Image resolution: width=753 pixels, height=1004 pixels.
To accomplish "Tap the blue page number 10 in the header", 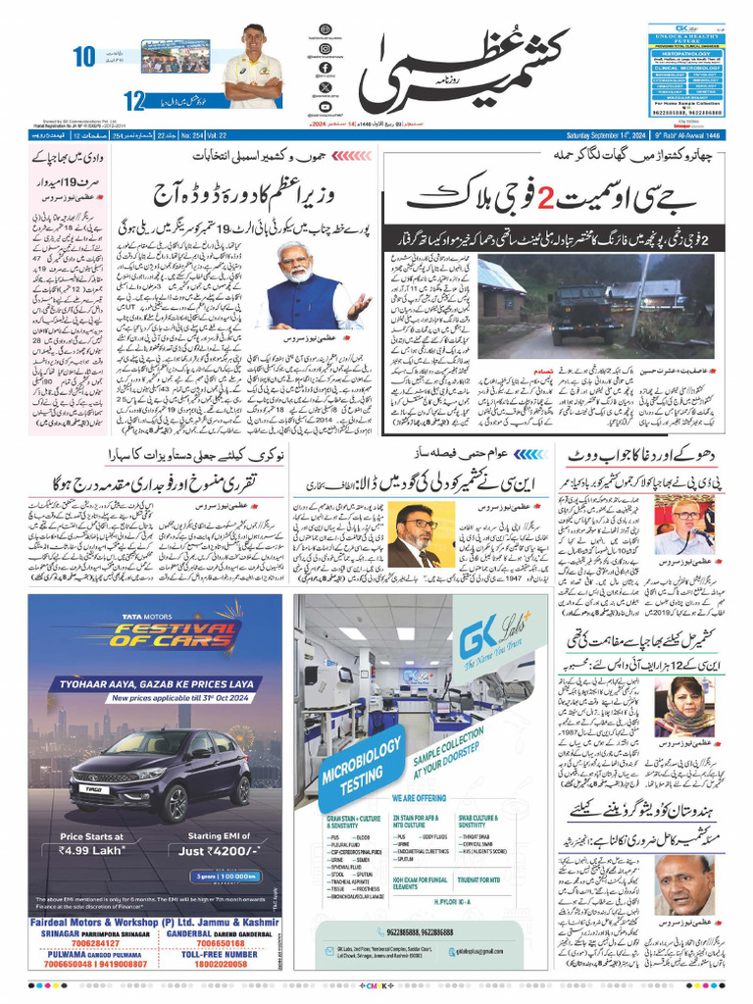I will [x=84, y=57].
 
